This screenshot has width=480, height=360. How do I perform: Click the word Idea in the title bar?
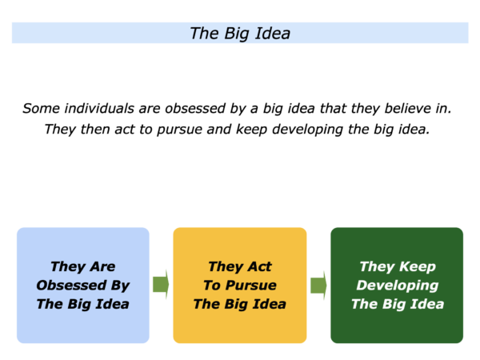point(273,33)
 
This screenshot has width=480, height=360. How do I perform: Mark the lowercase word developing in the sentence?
point(307,130)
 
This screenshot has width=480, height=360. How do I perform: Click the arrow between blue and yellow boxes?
point(161,284)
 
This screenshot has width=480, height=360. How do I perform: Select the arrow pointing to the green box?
point(318,285)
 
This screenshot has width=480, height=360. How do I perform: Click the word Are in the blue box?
point(103,266)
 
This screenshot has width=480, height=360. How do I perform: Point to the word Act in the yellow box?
point(259,266)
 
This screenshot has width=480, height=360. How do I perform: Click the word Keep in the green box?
point(418,267)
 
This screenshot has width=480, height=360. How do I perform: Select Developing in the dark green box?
point(398,286)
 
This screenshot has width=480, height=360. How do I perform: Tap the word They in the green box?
point(377,267)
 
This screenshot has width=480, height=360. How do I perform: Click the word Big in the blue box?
point(80,305)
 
